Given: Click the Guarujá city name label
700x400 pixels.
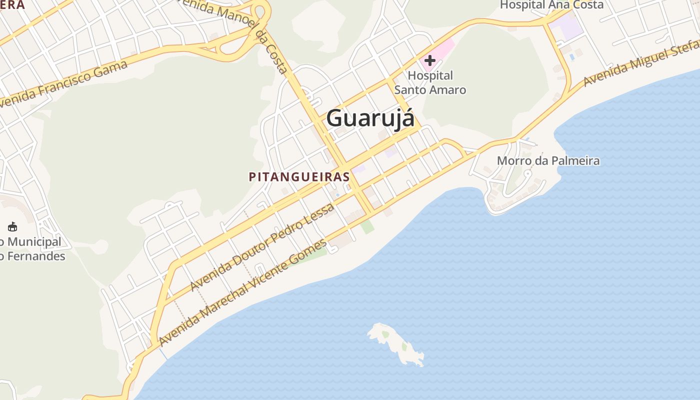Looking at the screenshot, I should (x=370, y=119).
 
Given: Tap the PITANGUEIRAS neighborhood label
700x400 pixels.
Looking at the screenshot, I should (x=299, y=176).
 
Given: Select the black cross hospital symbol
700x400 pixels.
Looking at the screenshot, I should (x=429, y=60).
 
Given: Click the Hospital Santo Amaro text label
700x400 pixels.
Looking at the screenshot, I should (x=430, y=82).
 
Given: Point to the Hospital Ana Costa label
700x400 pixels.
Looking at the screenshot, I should (x=551, y=5).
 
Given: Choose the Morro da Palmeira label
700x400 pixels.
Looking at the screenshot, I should (x=548, y=161).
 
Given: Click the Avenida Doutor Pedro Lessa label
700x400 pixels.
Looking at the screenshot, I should (x=262, y=247).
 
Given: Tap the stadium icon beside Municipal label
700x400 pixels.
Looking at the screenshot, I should (x=12, y=227).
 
